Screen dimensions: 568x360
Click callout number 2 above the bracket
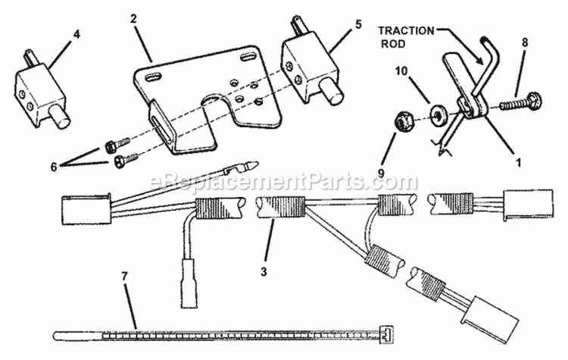pyautogui.click(x=133, y=19)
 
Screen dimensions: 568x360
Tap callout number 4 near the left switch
pyautogui.click(x=76, y=35)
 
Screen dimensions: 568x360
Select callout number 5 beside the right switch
pyautogui.click(x=358, y=25)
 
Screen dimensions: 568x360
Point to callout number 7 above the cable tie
pyautogui.click(x=125, y=277)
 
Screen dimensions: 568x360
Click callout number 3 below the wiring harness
pyautogui.click(x=264, y=271)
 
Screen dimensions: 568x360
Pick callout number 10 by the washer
pyautogui.click(x=401, y=71)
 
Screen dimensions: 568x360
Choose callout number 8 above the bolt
pyautogui.click(x=525, y=42)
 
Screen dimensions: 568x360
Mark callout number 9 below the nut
pyautogui.click(x=381, y=173)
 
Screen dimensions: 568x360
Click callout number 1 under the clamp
pyautogui.click(x=518, y=163)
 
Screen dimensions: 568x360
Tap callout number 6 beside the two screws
pyautogui.click(x=54, y=167)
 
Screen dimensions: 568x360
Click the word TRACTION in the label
pyautogui.click(x=406, y=31)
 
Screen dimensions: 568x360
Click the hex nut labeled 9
pyautogui.click(x=403, y=121)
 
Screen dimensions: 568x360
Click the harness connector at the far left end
pyautogui.click(x=86, y=210)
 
